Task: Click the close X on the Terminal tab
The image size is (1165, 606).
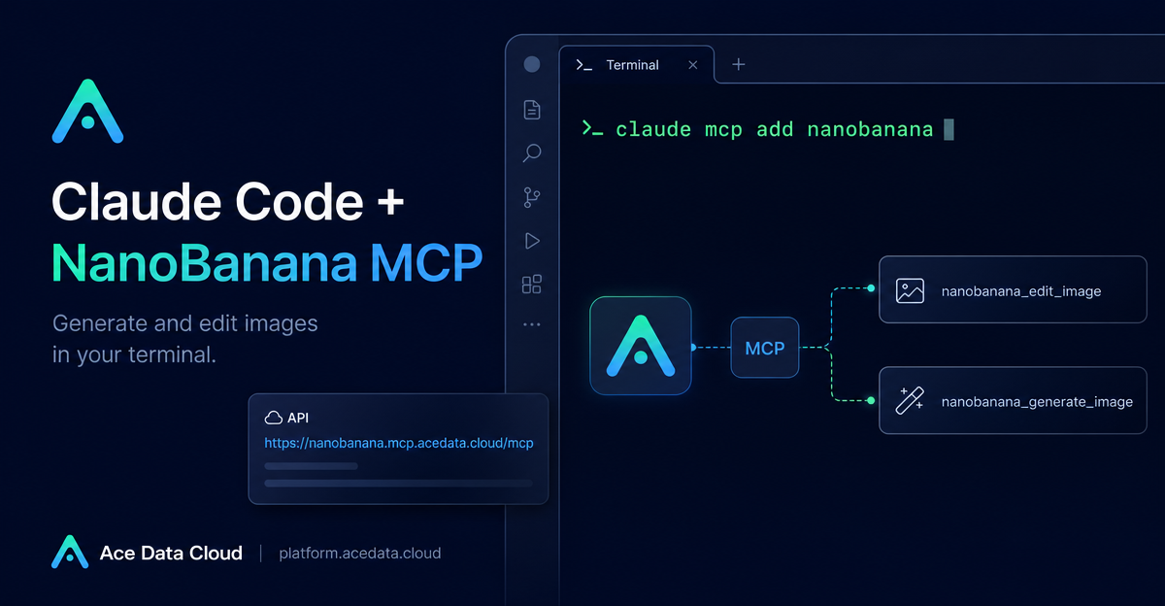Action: pos(693,65)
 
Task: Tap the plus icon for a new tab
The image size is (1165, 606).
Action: pos(739,64)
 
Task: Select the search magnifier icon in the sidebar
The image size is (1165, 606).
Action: pos(532,153)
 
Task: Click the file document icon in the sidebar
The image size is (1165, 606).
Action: pos(532,110)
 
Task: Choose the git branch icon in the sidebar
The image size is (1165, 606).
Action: pos(532,198)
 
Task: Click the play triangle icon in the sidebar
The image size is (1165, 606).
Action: pos(532,241)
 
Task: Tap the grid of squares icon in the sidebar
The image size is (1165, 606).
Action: pos(532,285)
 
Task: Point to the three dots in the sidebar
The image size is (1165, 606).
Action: pos(532,324)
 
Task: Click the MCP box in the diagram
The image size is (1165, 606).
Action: pos(765,348)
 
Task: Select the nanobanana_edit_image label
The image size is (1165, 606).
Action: pos(1021,291)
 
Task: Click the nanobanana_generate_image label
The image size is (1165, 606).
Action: pos(1037,402)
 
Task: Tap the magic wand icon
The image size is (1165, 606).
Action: pos(910,400)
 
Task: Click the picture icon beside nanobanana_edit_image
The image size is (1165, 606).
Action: pos(910,290)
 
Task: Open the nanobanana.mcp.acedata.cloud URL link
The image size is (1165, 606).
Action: pos(399,443)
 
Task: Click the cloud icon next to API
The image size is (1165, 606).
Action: pos(274,418)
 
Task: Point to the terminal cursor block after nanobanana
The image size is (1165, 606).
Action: pos(949,129)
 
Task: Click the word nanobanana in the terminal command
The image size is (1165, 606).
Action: pos(870,129)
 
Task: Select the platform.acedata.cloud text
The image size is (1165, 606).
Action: pos(360,553)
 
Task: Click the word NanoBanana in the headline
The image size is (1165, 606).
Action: pos(205,262)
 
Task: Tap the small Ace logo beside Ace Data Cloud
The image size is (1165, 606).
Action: pos(70,552)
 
